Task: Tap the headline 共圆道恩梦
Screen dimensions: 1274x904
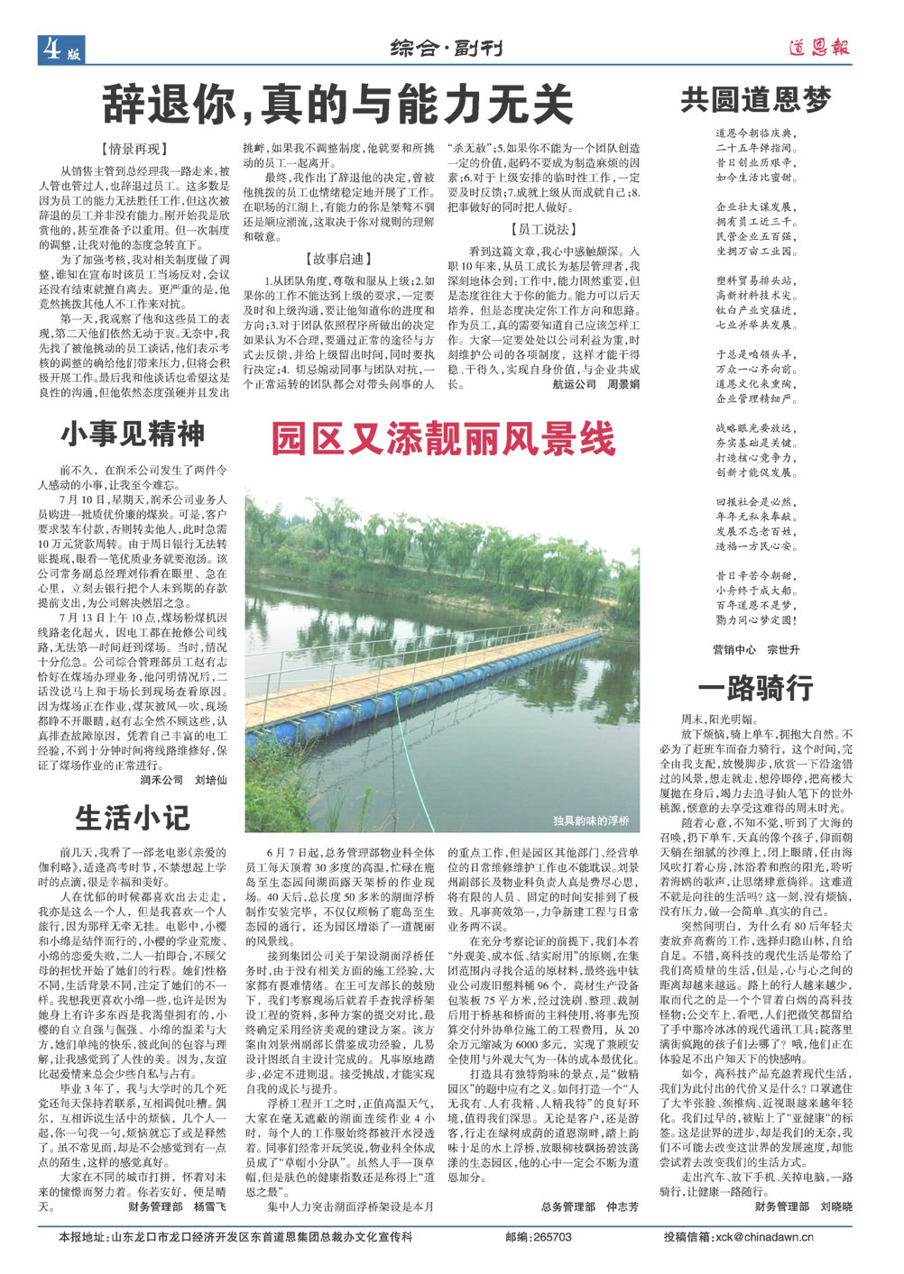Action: (755, 99)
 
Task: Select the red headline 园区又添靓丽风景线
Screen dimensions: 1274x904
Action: (444, 440)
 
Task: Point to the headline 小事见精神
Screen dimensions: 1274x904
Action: (133, 435)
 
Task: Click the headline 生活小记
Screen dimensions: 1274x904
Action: (133, 817)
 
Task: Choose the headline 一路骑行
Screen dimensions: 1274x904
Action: (755, 688)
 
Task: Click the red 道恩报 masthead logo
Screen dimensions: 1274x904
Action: (818, 48)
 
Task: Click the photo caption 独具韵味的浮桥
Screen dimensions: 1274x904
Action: (591, 821)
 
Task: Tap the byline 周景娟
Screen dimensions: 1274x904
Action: (623, 384)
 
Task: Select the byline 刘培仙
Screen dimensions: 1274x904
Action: (210, 780)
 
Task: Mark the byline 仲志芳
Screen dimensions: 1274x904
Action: (623, 1206)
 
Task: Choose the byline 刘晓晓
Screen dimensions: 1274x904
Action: (835, 1205)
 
